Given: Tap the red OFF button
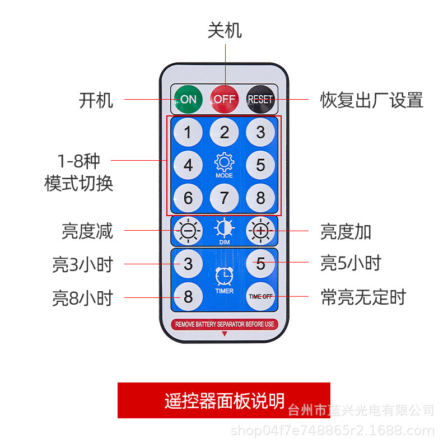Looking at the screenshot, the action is click(225, 99).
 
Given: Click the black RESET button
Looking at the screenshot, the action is click(260, 99).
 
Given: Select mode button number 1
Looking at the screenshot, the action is click(188, 133).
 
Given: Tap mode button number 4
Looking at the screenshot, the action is click(188, 165).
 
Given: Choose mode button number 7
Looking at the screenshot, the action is click(225, 198).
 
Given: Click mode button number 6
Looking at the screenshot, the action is click(188, 198).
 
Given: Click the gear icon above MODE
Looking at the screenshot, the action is click(225, 162).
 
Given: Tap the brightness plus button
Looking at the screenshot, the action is click(260, 231).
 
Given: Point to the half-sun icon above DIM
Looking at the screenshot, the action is click(225, 228).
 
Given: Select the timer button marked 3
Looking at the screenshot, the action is click(188, 263).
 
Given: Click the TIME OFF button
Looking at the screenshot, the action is click(260, 296).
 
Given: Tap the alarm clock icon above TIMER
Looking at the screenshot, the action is click(225, 276).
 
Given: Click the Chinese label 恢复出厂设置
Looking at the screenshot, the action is click(371, 100).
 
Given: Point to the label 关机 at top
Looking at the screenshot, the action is click(225, 30).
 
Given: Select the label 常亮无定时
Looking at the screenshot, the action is click(363, 297).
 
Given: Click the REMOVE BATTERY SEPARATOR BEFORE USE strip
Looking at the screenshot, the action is click(225, 324).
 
